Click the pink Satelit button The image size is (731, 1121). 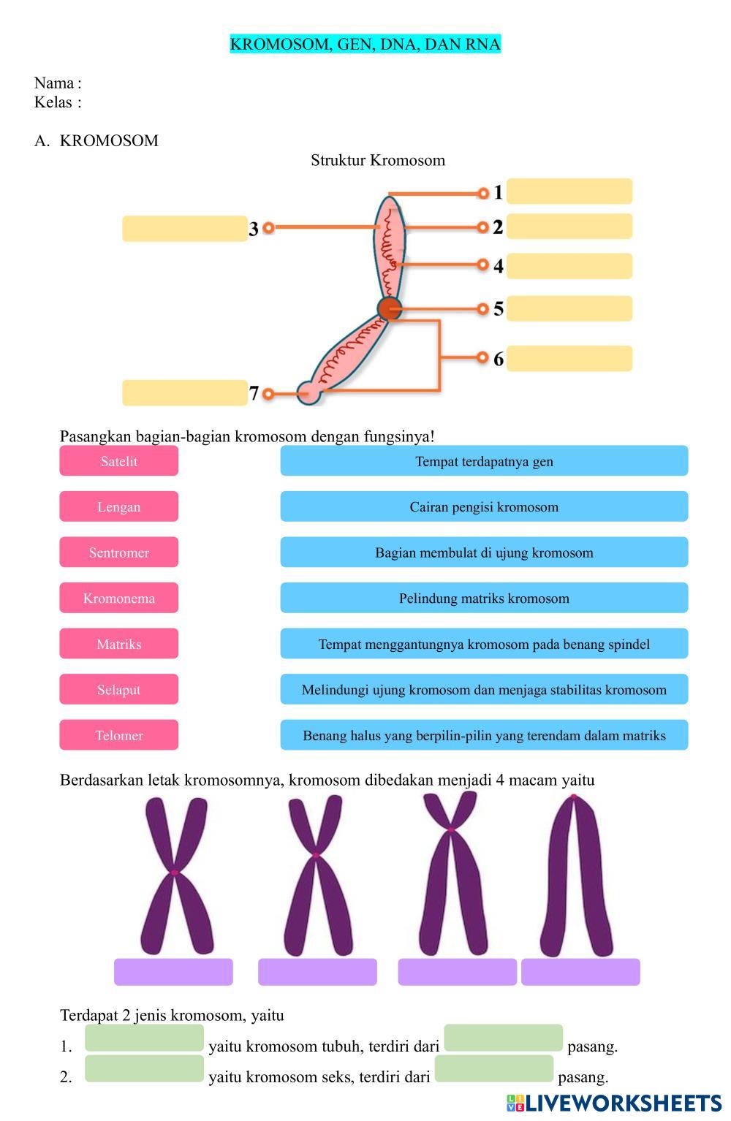(118, 461)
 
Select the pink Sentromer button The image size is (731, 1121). (118, 552)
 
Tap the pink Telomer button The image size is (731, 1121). (118, 735)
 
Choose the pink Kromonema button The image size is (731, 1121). (118, 598)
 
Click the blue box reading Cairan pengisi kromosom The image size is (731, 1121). (484, 506)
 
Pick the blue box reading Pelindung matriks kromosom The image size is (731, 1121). (484, 598)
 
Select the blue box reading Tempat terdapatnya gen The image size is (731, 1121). (484, 461)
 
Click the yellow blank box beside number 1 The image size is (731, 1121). (569, 191)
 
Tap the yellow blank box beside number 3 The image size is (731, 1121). (184, 229)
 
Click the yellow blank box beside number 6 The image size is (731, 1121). (569, 359)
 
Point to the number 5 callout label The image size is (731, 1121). (499, 309)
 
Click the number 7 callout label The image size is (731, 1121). (254, 394)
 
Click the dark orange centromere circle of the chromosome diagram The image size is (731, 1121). (390, 308)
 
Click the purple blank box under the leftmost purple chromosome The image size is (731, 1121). (173, 972)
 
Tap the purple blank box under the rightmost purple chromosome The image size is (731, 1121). (580, 972)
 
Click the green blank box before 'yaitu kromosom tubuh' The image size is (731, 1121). (144, 1038)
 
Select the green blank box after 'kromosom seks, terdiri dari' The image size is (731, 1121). (493, 1068)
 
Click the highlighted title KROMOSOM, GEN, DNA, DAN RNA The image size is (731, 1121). (365, 45)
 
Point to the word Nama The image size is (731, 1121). (54, 83)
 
